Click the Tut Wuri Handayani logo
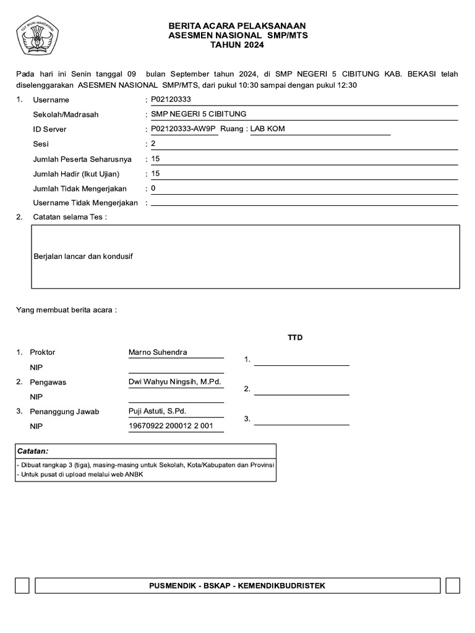pos(36,36)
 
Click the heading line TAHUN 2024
pos(237,45)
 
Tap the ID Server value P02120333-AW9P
pos(184,129)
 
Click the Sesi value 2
pos(153,144)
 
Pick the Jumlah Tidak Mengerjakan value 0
pos(153,188)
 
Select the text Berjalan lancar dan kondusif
pos(83,256)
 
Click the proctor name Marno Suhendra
pos(157,352)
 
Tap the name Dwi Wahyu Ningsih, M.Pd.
pos(174,382)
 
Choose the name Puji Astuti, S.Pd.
pos(157,411)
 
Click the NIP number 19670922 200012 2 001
pos(171,426)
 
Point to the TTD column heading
pos(295,338)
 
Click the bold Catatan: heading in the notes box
pos(33,451)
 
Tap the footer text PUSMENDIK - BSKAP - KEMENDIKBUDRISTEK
pos(237,585)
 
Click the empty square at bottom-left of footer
pos(22,586)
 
